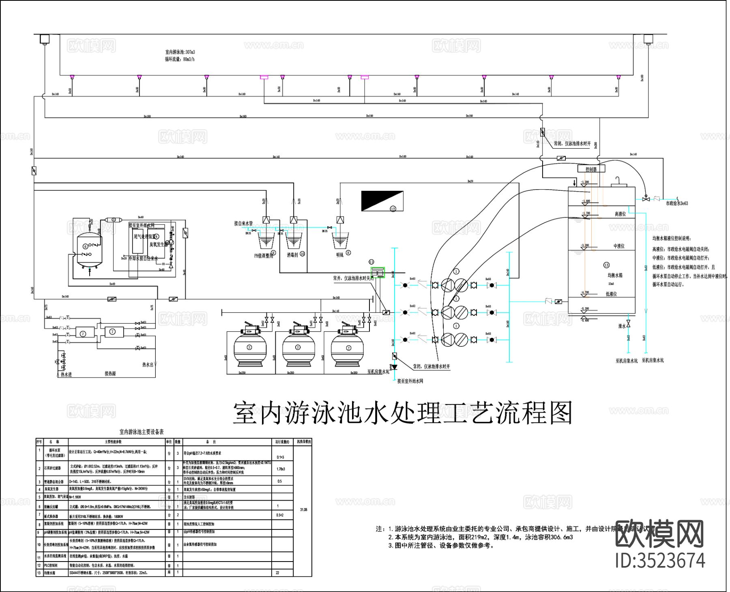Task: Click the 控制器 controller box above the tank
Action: (x=591, y=169)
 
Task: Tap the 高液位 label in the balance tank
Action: (x=620, y=214)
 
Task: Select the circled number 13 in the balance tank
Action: (x=606, y=265)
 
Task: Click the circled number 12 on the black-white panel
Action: (x=393, y=209)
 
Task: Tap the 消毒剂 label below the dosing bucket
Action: (x=292, y=255)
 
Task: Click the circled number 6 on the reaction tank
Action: (x=85, y=246)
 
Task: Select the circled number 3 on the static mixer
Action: (x=114, y=219)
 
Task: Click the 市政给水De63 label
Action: (x=677, y=203)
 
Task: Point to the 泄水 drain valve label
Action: (x=622, y=326)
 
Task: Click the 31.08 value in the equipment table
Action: (x=303, y=509)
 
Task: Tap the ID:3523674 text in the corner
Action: (x=660, y=561)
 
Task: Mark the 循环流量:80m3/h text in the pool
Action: (x=180, y=59)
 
